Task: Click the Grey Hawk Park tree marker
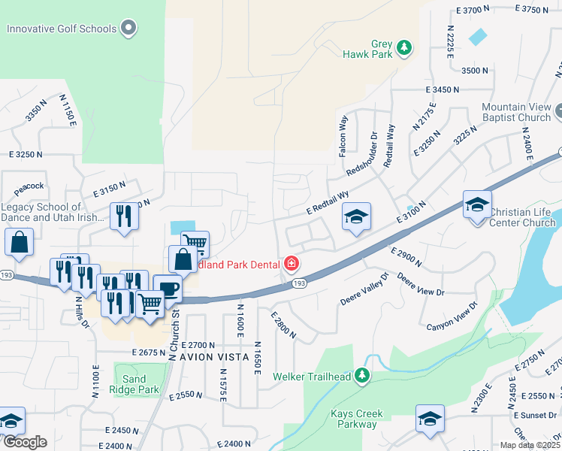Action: click(404, 48)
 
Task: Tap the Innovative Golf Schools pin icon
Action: click(129, 29)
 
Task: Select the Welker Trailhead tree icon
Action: click(362, 374)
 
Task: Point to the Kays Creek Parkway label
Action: click(357, 419)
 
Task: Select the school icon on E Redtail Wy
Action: click(357, 216)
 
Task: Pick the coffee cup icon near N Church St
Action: click(168, 288)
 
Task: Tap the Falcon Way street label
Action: click(343, 135)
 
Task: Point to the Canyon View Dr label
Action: click(452, 316)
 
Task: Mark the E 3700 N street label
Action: click(473, 11)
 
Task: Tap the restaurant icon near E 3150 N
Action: click(124, 216)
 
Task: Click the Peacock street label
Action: click(28, 186)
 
